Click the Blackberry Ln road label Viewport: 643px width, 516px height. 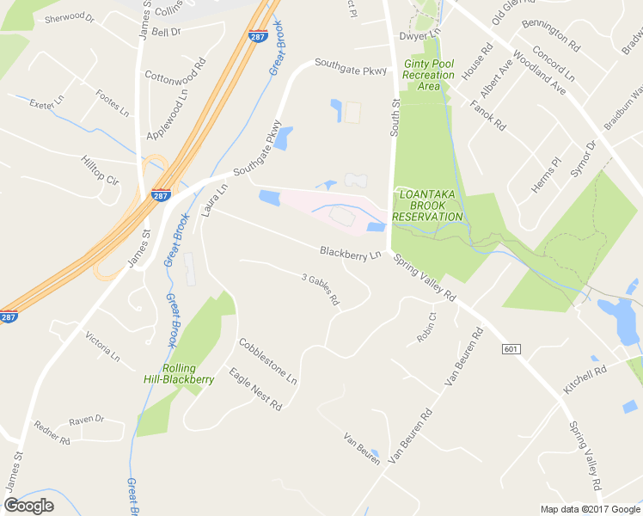point(350,254)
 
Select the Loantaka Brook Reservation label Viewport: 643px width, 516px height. point(428,206)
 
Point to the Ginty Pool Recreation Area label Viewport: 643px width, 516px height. point(428,75)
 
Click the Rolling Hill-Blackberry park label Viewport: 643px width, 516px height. point(179,373)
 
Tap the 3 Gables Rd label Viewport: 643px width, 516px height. point(321,290)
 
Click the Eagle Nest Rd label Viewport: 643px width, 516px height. point(255,388)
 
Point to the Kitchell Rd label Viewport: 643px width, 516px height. point(585,379)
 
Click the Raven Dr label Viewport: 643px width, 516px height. point(86,420)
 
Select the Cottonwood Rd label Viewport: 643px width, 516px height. point(175,76)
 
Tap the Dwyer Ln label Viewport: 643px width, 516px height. point(419,36)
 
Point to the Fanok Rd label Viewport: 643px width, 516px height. point(488,115)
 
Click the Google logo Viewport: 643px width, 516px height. point(28,505)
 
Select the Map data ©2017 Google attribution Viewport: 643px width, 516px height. point(590,509)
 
